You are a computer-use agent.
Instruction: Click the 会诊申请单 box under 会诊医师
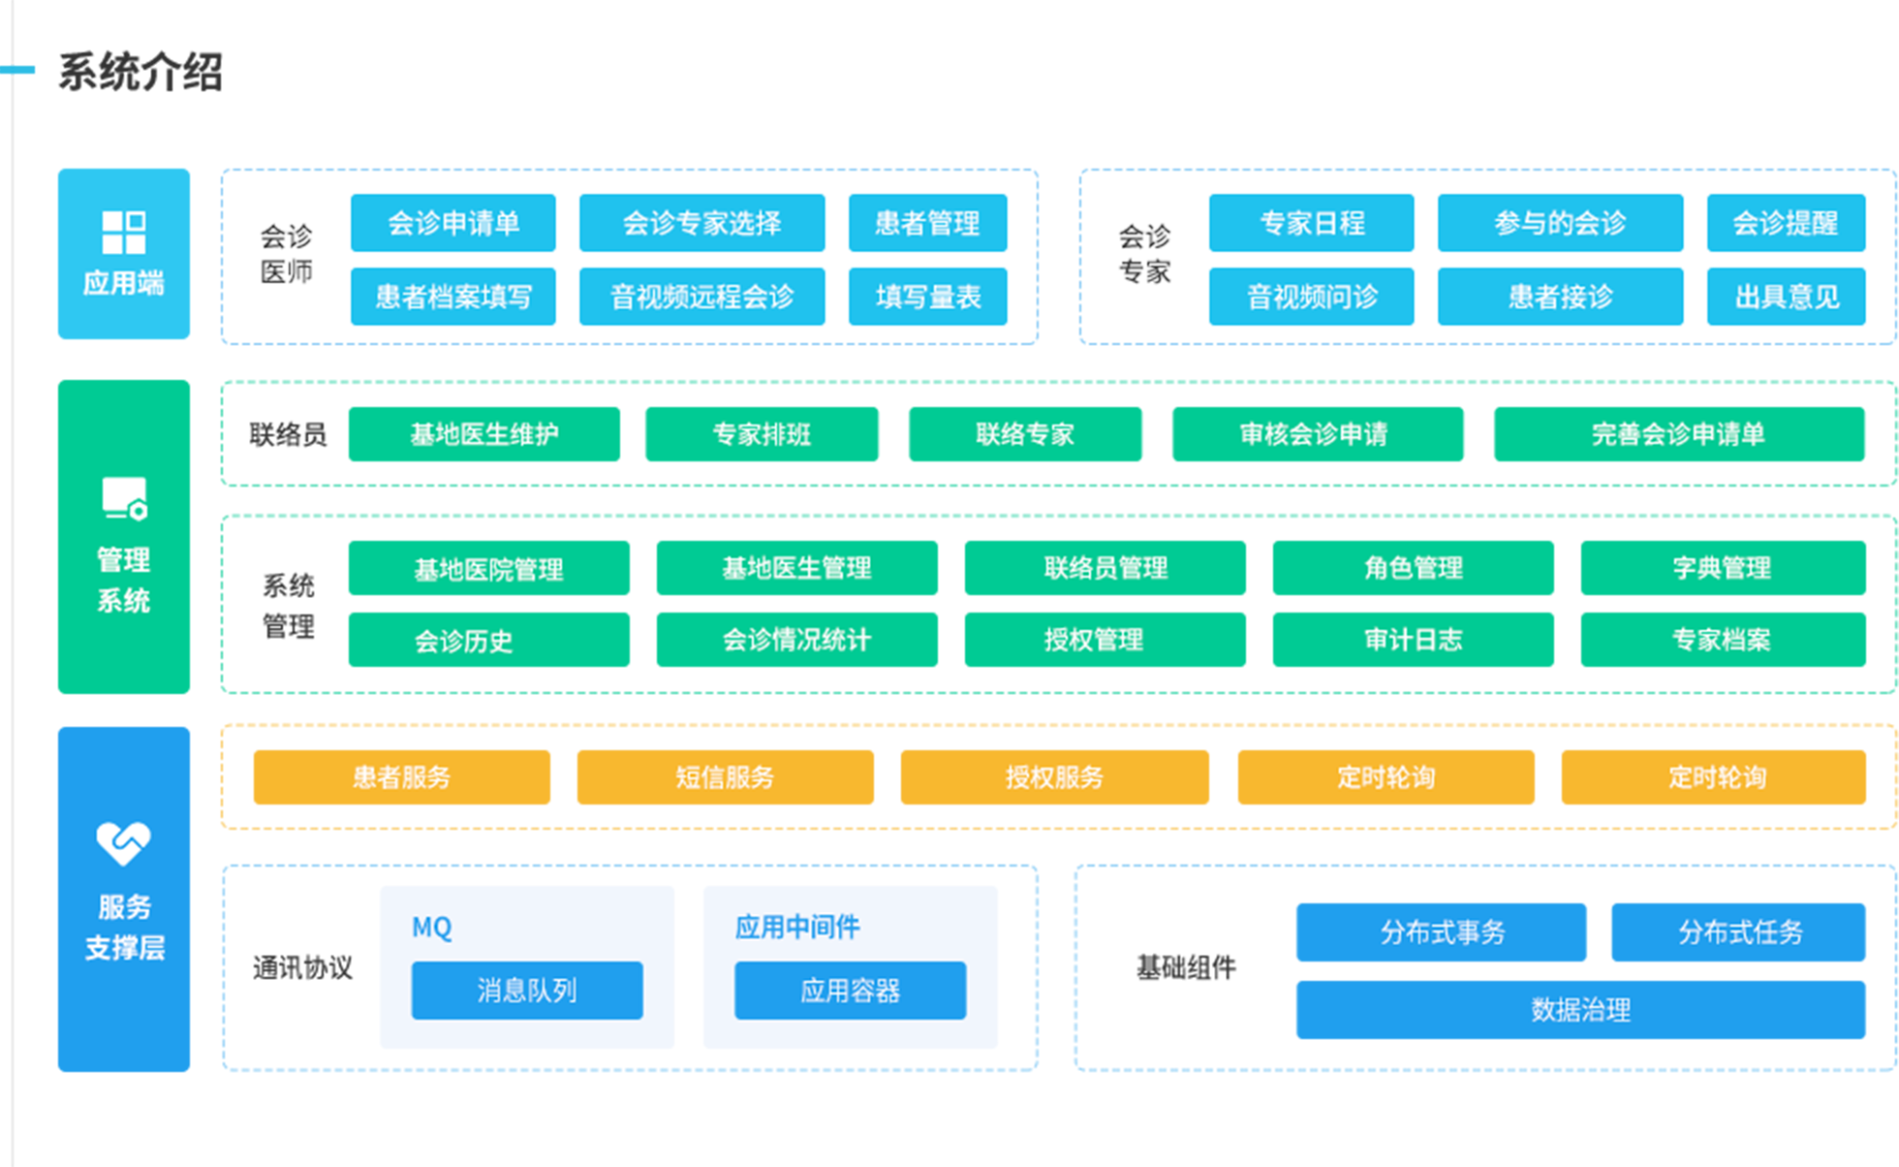pyautogui.click(x=452, y=223)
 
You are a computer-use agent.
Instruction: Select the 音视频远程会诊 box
pyautogui.click(x=701, y=296)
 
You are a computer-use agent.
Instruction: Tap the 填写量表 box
pyautogui.click(x=927, y=296)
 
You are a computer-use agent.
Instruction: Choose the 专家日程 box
pyautogui.click(x=1311, y=223)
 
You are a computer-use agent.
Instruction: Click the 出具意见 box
pyautogui.click(x=1786, y=296)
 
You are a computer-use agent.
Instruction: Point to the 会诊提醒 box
pyautogui.click(x=1786, y=223)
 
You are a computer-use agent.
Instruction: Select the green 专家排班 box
pyautogui.click(x=762, y=434)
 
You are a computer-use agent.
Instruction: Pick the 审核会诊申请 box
pyautogui.click(x=1318, y=434)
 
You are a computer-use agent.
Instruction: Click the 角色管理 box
pyautogui.click(x=1413, y=568)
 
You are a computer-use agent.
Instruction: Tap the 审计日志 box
pyautogui.click(x=1413, y=640)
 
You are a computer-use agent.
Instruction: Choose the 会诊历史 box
pyautogui.click(x=488, y=640)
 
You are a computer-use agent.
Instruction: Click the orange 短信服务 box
pyautogui.click(x=725, y=776)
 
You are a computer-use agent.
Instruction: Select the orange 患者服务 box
pyautogui.click(x=401, y=776)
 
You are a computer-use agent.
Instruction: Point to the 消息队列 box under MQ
pyautogui.click(x=526, y=990)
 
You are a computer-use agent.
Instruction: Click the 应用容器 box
pyautogui.click(x=850, y=990)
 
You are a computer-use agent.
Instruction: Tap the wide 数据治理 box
pyautogui.click(x=1580, y=1010)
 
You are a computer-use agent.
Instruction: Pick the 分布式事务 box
pyautogui.click(x=1441, y=932)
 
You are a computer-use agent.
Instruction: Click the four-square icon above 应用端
pyautogui.click(x=124, y=233)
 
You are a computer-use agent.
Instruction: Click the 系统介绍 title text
pyautogui.click(x=140, y=71)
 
